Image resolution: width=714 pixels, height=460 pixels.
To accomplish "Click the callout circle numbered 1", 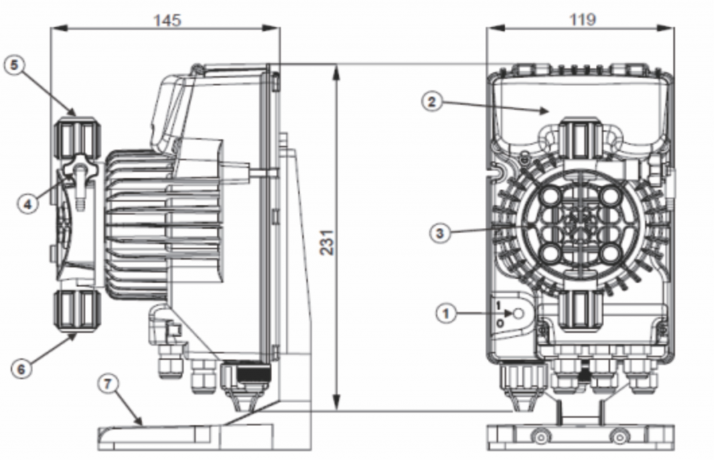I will [445, 314].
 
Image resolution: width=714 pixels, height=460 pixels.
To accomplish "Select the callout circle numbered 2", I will [432, 102].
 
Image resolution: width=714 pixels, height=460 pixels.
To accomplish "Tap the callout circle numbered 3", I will [439, 233].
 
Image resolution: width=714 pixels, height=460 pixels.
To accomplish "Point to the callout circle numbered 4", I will [27, 204].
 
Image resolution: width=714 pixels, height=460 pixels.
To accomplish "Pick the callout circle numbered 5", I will [14, 65].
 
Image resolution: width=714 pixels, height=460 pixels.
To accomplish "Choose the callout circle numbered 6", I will [21, 369].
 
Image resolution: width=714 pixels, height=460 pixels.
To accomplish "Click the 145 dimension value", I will [167, 20].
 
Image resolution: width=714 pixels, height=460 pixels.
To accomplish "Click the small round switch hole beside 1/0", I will [519, 314].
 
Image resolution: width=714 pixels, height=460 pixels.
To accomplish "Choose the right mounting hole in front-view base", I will [618, 438].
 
